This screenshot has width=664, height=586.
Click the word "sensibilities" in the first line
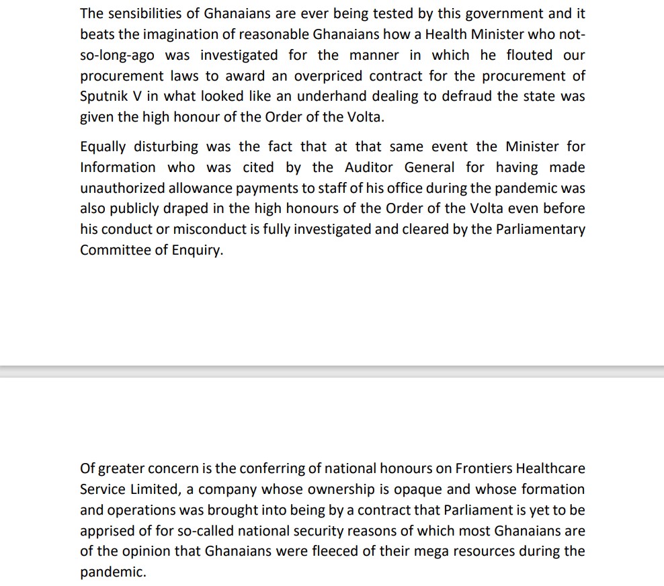[144, 13]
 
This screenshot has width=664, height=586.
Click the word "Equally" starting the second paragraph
[103, 146]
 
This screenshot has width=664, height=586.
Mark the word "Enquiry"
[196, 251]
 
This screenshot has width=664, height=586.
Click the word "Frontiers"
[487, 468]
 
